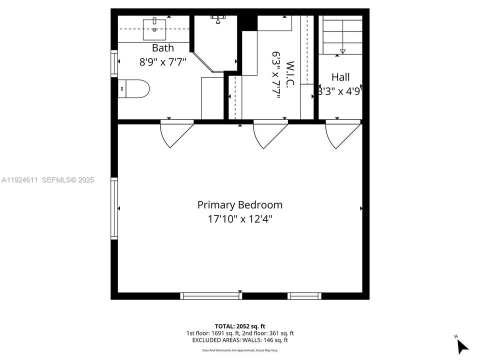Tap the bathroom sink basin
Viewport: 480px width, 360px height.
click(x=154, y=29)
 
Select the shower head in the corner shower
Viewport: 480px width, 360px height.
click(x=218, y=20)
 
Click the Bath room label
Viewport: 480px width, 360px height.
click(x=163, y=48)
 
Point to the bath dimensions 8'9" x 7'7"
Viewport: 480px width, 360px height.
click(x=163, y=62)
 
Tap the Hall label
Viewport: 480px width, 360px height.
click(x=340, y=77)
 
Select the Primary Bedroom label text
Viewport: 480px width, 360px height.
click(x=239, y=205)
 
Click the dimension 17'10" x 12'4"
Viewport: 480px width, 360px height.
click(x=239, y=219)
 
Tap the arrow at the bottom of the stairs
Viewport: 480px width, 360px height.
click(x=342, y=51)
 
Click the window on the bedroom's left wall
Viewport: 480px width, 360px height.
click(x=114, y=208)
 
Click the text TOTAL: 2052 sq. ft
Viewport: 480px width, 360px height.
click(x=239, y=325)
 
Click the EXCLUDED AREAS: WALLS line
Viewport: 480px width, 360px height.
click(x=239, y=340)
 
